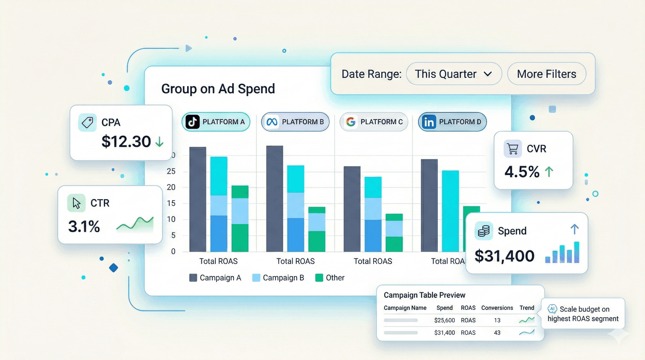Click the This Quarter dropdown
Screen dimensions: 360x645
(454, 74)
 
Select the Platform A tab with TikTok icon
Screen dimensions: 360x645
(216, 122)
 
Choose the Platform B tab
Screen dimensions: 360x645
(295, 122)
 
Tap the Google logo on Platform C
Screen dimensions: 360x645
(351, 122)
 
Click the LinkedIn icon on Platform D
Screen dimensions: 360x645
(429, 122)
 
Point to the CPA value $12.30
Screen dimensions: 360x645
(126, 142)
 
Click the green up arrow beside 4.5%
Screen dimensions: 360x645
(549, 172)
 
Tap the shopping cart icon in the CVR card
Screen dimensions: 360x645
(513, 149)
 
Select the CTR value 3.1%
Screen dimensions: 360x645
(84, 227)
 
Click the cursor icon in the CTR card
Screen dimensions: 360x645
(76, 203)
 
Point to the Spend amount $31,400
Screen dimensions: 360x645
(504, 256)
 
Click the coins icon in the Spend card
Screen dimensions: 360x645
(483, 231)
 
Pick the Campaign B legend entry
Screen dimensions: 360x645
(278, 278)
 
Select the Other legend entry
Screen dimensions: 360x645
(330, 278)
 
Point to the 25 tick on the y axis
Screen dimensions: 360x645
(171, 171)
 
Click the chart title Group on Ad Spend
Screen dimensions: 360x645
(218, 89)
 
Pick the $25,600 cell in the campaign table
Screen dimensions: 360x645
(444, 320)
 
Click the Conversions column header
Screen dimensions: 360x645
(497, 308)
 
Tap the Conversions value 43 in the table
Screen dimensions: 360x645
(497, 333)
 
